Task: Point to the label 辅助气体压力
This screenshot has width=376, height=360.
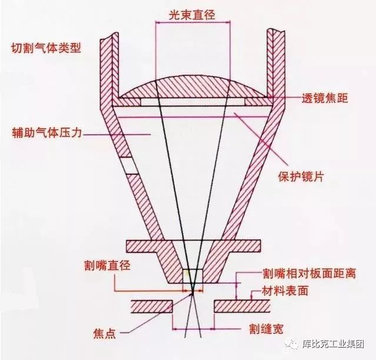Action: (x=45, y=132)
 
